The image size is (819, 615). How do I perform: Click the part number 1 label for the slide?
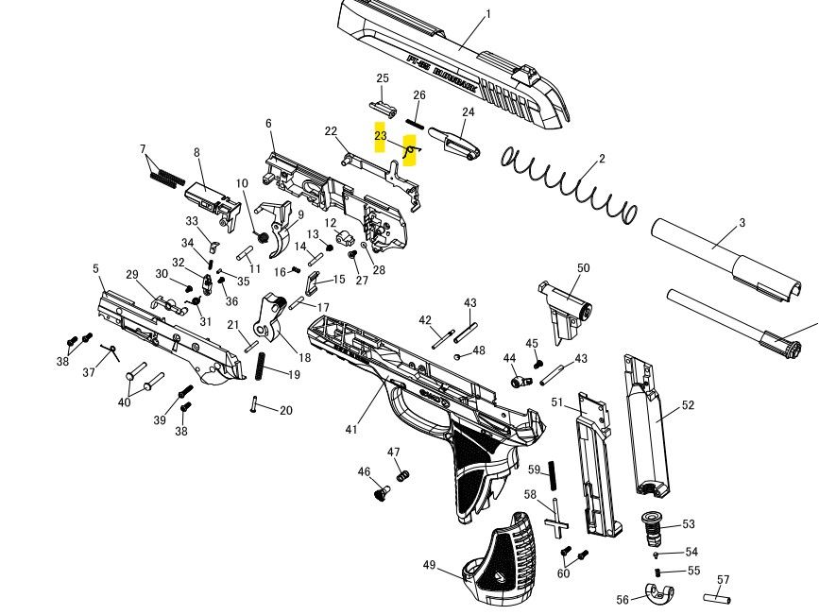488,14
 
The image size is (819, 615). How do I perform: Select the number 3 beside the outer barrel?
742,223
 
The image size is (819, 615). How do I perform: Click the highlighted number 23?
380,136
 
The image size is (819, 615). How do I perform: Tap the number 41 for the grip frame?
351,430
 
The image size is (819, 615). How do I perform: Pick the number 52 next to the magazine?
688,405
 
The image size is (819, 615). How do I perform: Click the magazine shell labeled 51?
598,468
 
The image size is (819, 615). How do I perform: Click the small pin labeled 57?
717,598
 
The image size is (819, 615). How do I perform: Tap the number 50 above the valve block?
583,268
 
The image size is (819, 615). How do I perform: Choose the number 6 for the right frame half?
268,124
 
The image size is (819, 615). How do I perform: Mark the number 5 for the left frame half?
96,269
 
